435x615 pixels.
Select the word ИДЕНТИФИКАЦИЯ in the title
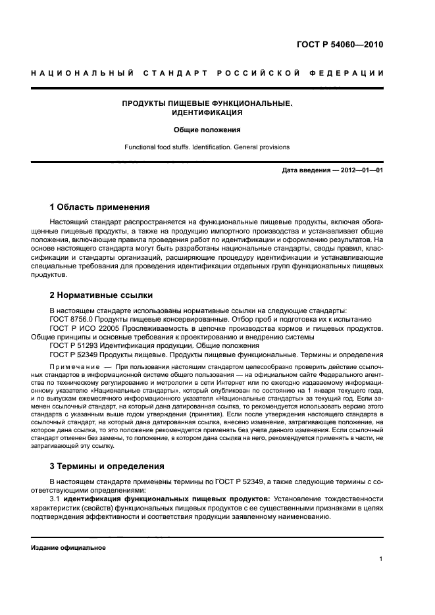(x=207, y=112)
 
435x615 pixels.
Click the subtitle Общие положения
(x=207, y=130)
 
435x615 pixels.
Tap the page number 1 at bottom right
(x=381, y=560)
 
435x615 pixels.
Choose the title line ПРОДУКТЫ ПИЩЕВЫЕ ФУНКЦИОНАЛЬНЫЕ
(x=207, y=103)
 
